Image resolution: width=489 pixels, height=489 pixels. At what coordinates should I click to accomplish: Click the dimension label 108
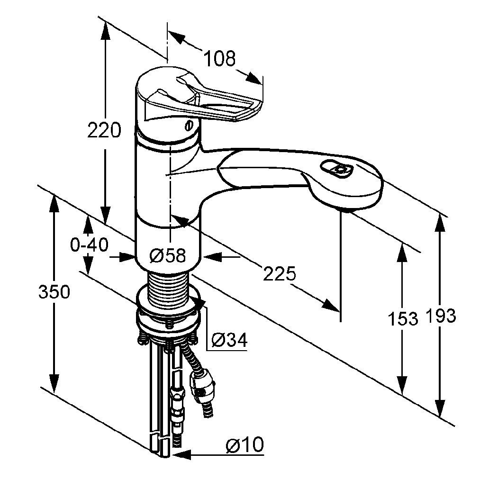219,58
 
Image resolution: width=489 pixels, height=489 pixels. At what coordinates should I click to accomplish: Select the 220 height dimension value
104,130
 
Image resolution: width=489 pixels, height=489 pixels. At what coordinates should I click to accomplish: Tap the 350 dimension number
54,292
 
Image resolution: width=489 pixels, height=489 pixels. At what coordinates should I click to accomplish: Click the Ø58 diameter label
167,256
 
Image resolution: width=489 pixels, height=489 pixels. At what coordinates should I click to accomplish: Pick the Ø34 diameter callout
229,340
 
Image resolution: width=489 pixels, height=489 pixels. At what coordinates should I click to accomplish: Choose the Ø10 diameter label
245,444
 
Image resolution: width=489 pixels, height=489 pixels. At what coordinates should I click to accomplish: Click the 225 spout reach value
279,273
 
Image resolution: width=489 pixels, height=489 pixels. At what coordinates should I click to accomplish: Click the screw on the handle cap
189,126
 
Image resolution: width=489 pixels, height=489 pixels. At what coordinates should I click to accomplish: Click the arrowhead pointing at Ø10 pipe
181,455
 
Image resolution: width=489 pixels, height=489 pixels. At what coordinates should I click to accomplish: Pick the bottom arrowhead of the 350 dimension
54,384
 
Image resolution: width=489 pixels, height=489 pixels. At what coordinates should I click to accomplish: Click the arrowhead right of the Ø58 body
213,257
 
